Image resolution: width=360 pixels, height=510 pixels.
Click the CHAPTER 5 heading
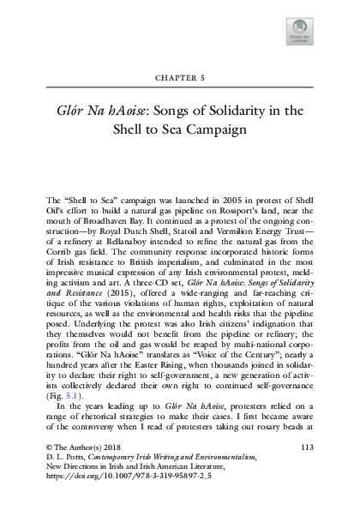[x=180, y=76]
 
